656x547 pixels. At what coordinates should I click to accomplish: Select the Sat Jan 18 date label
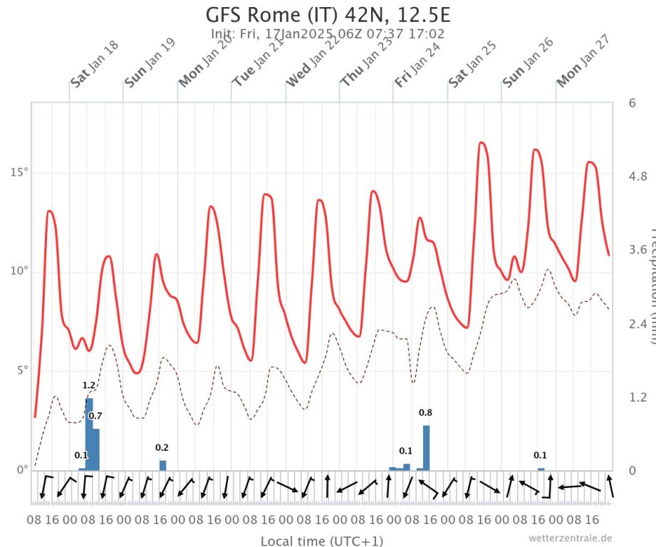click(95, 64)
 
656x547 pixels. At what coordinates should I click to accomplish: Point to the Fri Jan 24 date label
click(419, 64)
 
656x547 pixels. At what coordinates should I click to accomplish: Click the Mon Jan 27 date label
click(581, 64)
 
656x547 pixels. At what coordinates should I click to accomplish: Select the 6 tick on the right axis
click(632, 103)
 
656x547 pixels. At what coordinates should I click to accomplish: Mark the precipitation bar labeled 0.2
click(162, 465)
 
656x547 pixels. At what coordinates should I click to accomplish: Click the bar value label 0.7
click(95, 416)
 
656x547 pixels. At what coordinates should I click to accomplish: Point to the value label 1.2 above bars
click(89, 385)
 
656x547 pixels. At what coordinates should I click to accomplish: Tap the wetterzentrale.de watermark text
click(570, 538)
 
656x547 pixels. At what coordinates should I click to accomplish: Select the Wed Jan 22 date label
click(311, 64)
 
